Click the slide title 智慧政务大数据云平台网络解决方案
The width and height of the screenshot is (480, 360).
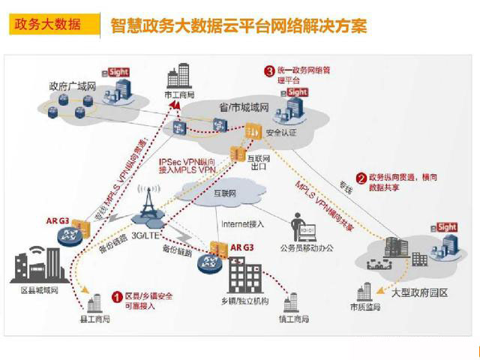(x=238, y=26)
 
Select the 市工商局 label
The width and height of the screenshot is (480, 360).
(x=179, y=95)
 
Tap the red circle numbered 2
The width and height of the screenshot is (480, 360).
(x=361, y=178)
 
